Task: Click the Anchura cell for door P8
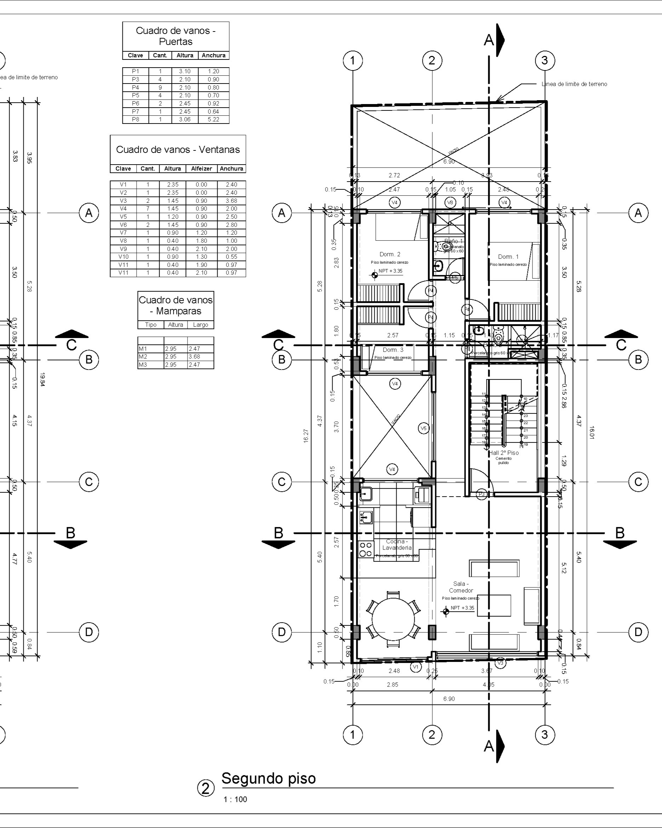(x=213, y=119)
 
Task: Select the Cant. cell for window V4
(x=148, y=209)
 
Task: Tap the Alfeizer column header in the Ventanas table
(x=201, y=169)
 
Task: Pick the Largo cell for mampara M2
(x=200, y=356)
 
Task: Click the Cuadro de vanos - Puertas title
(x=176, y=36)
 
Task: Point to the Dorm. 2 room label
(x=390, y=254)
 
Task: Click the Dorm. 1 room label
(x=508, y=257)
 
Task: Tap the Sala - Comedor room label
(x=461, y=587)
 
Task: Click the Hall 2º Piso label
(x=503, y=453)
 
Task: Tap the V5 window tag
(x=423, y=428)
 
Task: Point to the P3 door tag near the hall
(x=482, y=494)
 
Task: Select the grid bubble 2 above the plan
(x=432, y=60)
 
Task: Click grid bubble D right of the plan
(x=638, y=632)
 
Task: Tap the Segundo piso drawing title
(x=269, y=778)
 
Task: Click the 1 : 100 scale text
(x=235, y=800)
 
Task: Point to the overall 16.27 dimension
(x=306, y=436)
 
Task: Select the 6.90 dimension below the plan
(x=449, y=698)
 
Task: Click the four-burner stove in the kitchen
(x=366, y=549)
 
